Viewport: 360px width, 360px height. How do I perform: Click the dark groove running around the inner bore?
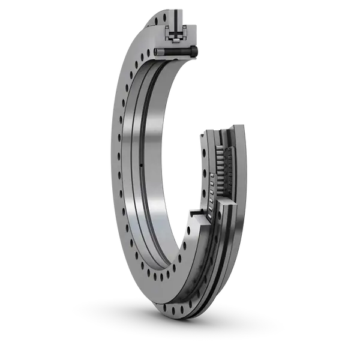(x=133, y=180)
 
